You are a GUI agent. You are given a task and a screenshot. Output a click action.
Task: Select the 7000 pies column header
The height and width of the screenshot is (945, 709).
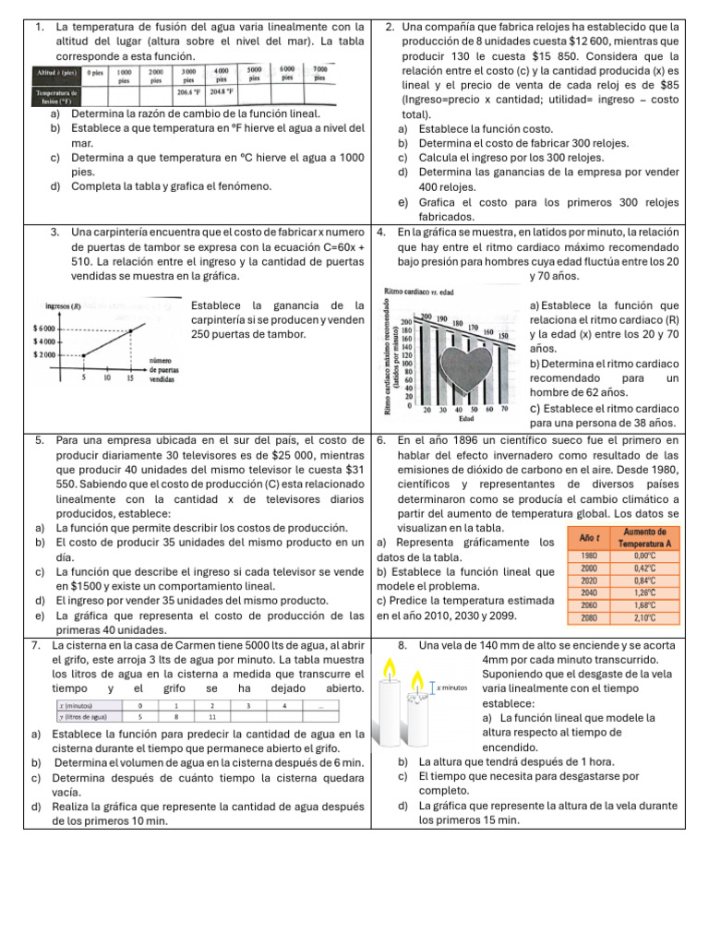[319, 74]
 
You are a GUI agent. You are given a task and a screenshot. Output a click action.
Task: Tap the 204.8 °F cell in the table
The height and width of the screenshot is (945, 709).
[222, 92]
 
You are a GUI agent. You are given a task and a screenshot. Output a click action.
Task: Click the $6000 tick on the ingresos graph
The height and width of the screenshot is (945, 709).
[47, 329]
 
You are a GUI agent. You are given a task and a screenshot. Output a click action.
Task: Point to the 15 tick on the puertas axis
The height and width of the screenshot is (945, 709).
[130, 377]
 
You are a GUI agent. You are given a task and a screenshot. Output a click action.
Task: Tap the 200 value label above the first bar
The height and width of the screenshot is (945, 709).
[427, 317]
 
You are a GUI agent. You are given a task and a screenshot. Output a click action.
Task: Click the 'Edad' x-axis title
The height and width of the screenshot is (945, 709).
[467, 418]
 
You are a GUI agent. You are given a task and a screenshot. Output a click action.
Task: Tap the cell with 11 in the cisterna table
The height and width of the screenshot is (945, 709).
[212, 715]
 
